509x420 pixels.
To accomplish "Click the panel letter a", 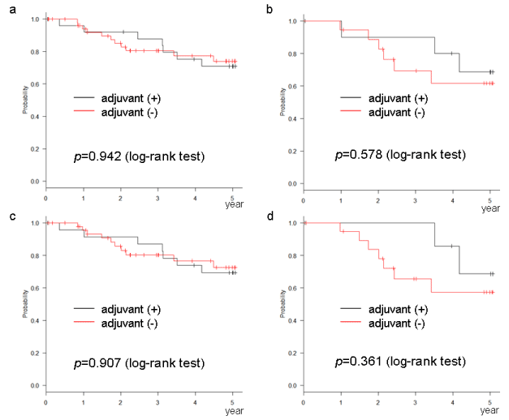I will click(x=7, y=7).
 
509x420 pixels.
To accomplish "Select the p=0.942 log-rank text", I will click(x=140, y=156).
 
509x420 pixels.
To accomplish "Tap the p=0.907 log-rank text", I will click(x=140, y=362).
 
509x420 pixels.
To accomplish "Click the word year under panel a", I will click(x=233, y=205).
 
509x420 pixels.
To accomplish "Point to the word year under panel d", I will click(x=490, y=411).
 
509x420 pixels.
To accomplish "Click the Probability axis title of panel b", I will click(x=283, y=102).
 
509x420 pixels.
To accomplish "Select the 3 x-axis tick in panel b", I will click(x=416, y=199).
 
